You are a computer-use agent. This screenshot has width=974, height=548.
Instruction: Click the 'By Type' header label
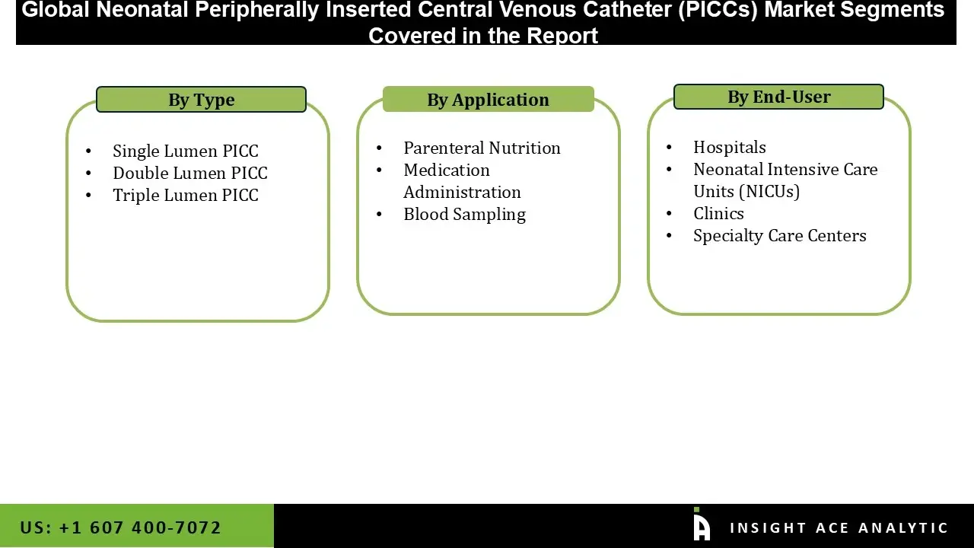tap(201, 100)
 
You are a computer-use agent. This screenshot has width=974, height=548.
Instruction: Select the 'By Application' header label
tap(488, 100)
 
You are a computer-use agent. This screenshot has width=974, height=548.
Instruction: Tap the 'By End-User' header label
tap(778, 97)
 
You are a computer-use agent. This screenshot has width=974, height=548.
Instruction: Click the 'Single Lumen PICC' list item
tap(185, 151)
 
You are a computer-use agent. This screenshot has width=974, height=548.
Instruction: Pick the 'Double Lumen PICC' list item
tap(189, 173)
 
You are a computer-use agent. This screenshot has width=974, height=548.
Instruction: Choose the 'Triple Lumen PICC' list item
tap(185, 195)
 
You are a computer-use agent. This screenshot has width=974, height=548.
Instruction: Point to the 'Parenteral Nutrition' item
tap(482, 148)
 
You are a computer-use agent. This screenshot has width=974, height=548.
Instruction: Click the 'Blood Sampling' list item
tap(464, 214)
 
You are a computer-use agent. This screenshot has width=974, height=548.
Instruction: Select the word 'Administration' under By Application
tap(462, 192)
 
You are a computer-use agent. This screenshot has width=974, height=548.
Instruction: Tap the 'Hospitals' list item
tap(729, 147)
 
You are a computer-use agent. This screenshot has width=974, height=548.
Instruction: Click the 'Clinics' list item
tap(718, 213)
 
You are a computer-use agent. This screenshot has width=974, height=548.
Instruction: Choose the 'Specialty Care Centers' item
tap(779, 235)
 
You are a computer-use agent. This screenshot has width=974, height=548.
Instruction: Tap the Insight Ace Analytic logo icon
tap(701, 525)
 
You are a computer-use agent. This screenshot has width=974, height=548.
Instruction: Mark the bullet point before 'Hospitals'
tap(669, 148)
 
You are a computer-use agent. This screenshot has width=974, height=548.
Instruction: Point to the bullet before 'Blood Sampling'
tap(379, 215)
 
